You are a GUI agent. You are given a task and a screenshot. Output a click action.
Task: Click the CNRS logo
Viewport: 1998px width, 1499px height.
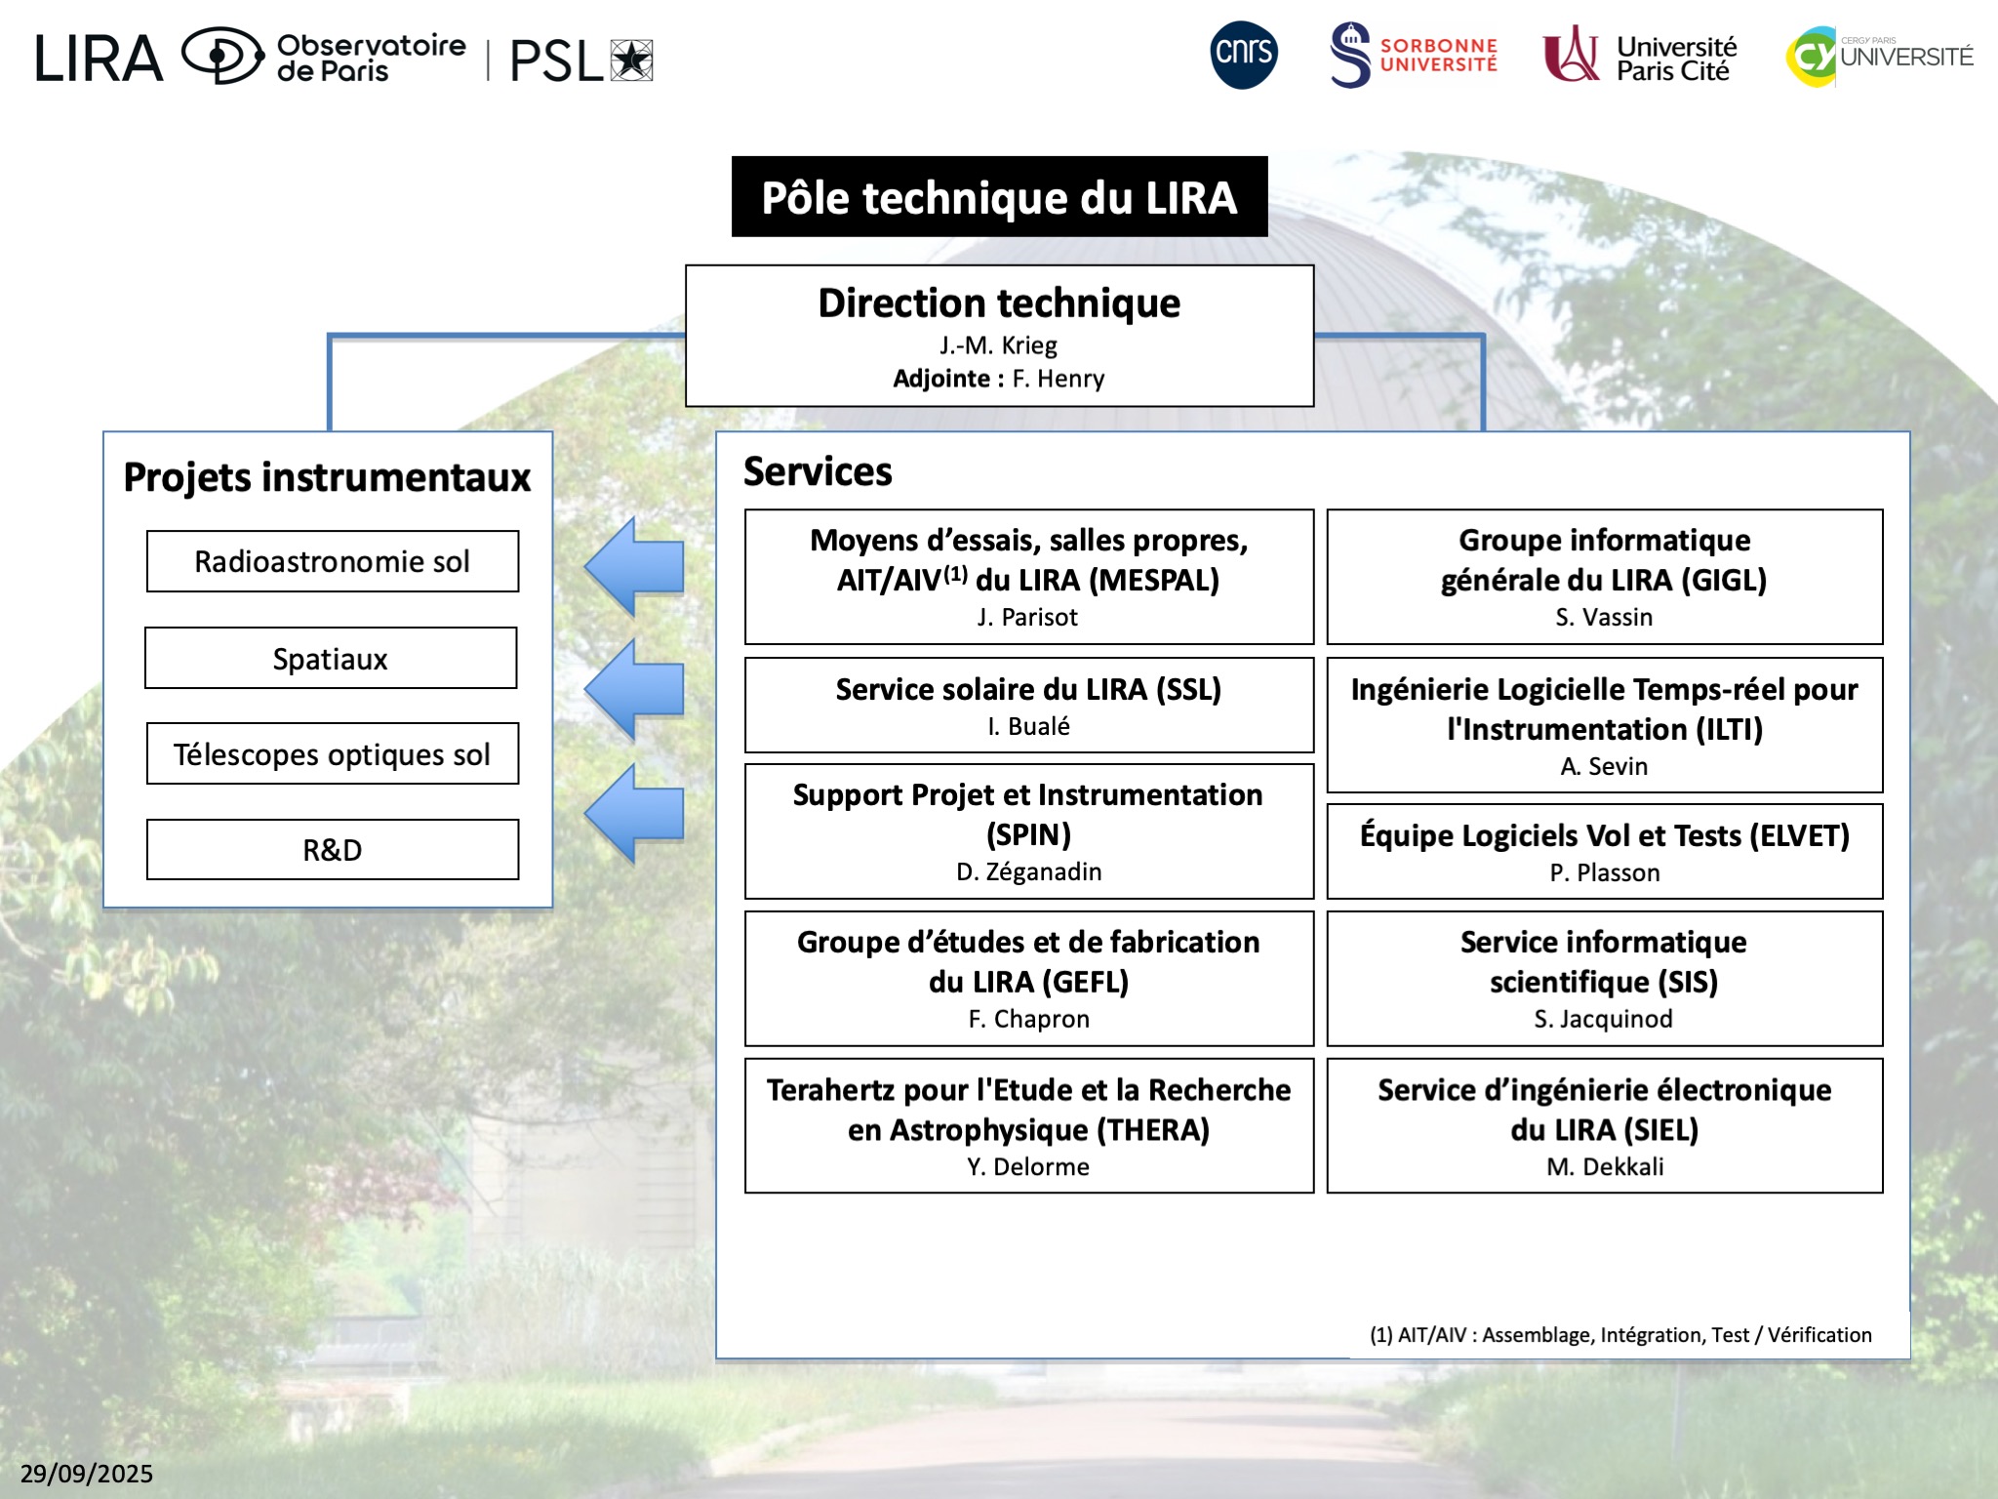(x=1243, y=55)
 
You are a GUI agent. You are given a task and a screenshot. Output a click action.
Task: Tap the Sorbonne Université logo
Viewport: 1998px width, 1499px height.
(x=1413, y=56)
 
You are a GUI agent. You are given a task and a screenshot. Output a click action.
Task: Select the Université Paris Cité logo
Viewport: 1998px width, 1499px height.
(x=1640, y=57)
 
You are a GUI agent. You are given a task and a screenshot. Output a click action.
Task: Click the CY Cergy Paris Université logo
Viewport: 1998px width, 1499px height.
(x=1879, y=57)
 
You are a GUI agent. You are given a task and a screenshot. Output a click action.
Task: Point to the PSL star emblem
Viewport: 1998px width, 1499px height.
(x=631, y=61)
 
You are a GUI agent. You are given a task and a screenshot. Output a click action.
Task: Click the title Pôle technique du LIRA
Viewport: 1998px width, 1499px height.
(x=999, y=197)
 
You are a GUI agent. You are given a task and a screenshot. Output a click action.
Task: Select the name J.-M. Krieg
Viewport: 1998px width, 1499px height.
(x=998, y=345)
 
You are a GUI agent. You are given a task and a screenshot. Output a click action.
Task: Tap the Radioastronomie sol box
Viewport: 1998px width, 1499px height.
(x=333, y=562)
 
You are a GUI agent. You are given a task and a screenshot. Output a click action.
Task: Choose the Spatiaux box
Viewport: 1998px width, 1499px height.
(x=331, y=659)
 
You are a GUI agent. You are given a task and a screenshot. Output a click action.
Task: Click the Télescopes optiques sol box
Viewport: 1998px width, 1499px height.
(x=333, y=754)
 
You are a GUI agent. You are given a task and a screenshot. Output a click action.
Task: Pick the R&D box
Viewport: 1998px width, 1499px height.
(x=333, y=850)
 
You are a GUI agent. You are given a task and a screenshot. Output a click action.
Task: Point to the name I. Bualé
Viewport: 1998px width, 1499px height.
(x=1028, y=726)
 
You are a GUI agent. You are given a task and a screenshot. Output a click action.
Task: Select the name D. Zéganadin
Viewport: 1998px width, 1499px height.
(x=1028, y=871)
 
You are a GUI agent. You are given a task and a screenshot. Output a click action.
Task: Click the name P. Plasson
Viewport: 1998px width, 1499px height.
(x=1605, y=872)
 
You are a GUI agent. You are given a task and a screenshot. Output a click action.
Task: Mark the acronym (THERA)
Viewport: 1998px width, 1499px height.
(x=1152, y=1130)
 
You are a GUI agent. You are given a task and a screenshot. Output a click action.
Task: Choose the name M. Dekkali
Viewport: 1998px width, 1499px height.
(x=1605, y=1167)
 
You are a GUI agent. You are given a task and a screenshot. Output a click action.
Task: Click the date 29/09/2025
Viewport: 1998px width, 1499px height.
(x=87, y=1474)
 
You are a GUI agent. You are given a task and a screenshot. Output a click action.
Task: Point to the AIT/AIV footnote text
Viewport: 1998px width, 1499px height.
(x=1620, y=1335)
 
